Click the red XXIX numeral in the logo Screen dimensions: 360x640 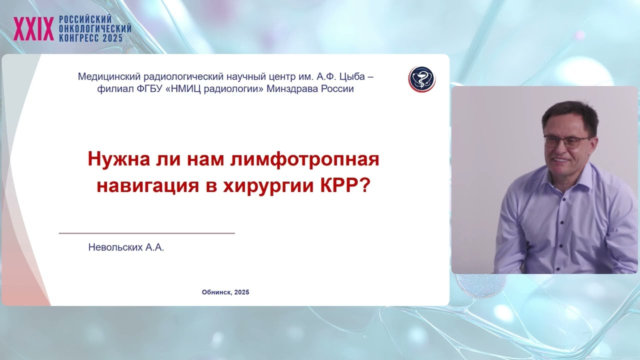(x=33, y=29)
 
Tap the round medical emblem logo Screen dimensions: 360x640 (x=422, y=79)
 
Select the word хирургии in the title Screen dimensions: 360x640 (x=265, y=186)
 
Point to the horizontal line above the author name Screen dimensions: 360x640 (x=146, y=233)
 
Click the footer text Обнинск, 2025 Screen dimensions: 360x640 (x=225, y=292)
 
